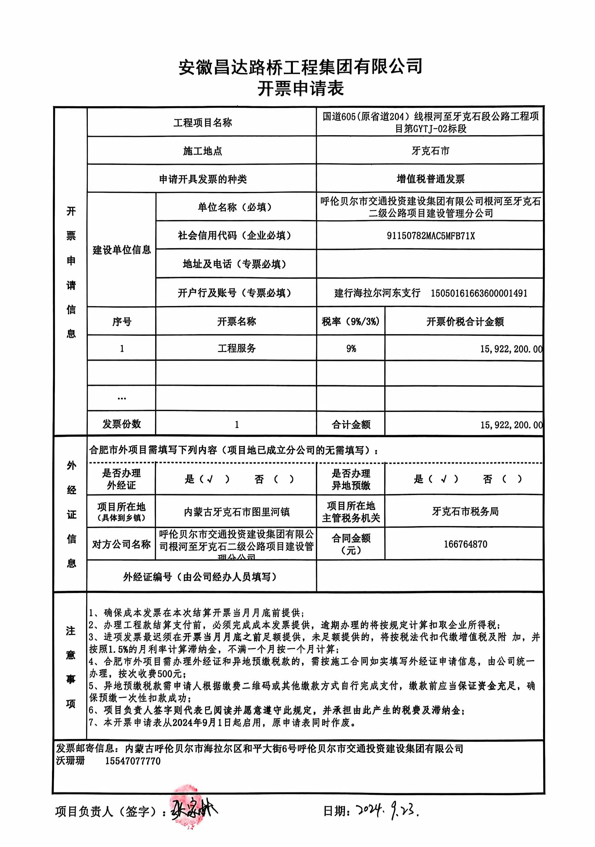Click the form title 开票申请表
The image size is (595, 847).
pos(300,89)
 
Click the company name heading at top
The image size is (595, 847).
pos(300,67)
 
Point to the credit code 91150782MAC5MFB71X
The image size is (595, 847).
pos(430,236)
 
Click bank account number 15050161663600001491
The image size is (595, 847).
pos(479,293)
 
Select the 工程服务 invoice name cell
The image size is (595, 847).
pos(236,348)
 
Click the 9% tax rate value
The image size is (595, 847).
pos(351,349)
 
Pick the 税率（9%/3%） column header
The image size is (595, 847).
pos(351,322)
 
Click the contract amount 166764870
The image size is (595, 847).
pos(465,544)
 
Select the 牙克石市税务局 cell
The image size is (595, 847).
pos(465,511)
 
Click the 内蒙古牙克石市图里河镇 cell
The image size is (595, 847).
pos(236,512)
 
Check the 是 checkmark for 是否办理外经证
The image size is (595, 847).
pos(210,479)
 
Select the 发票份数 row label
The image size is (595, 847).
pos(122,424)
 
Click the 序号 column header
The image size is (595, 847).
pos(122,322)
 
